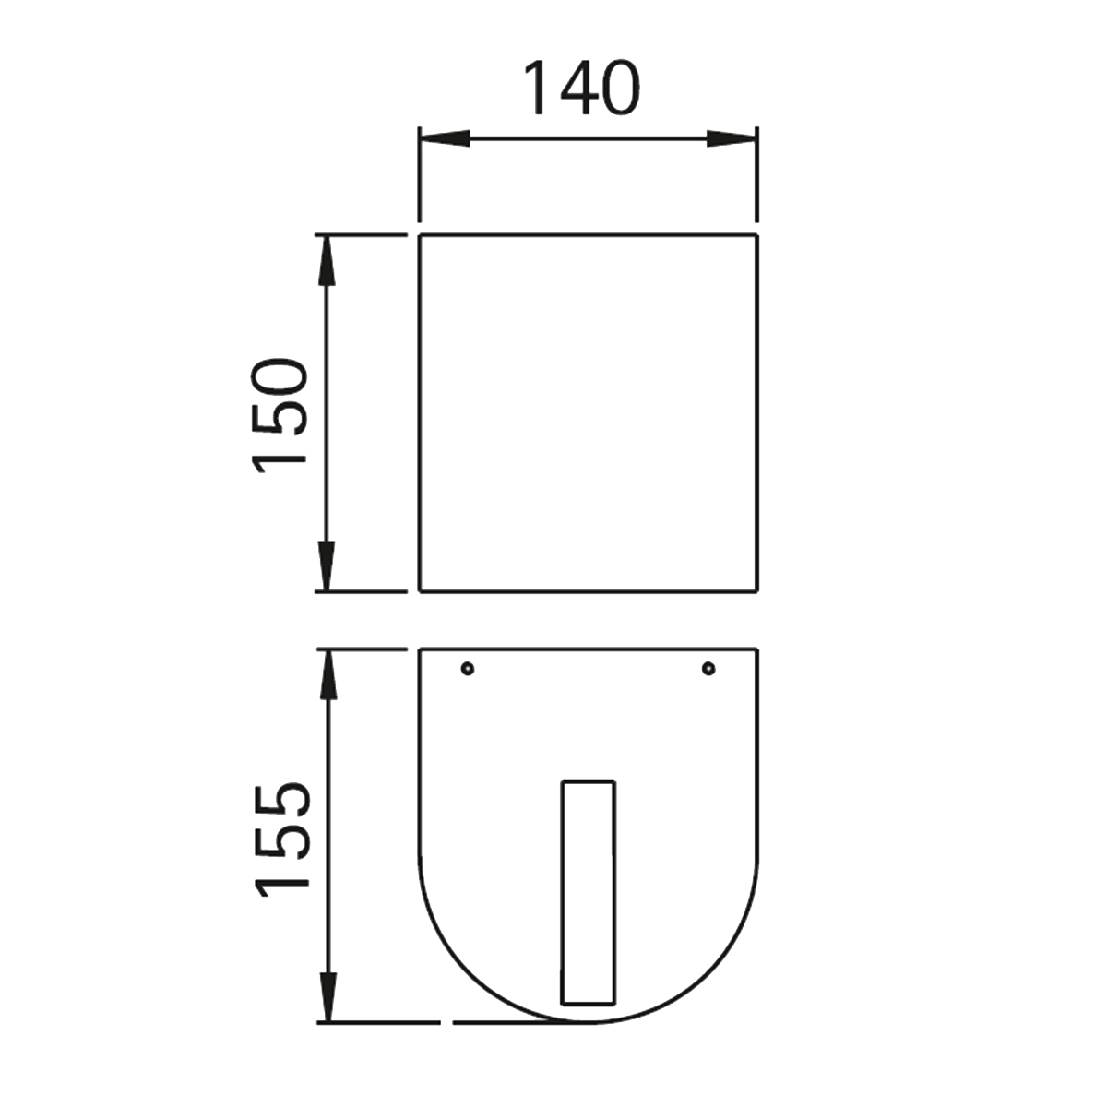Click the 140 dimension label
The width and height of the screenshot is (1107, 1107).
[x=581, y=88]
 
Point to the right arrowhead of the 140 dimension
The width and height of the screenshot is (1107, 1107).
[x=732, y=137]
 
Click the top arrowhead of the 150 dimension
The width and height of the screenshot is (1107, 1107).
[x=327, y=260]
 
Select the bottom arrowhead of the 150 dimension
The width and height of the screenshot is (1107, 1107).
[x=327, y=565]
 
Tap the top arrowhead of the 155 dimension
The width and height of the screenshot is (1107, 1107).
[x=327, y=674]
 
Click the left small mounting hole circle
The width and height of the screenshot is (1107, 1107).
[x=468, y=668]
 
